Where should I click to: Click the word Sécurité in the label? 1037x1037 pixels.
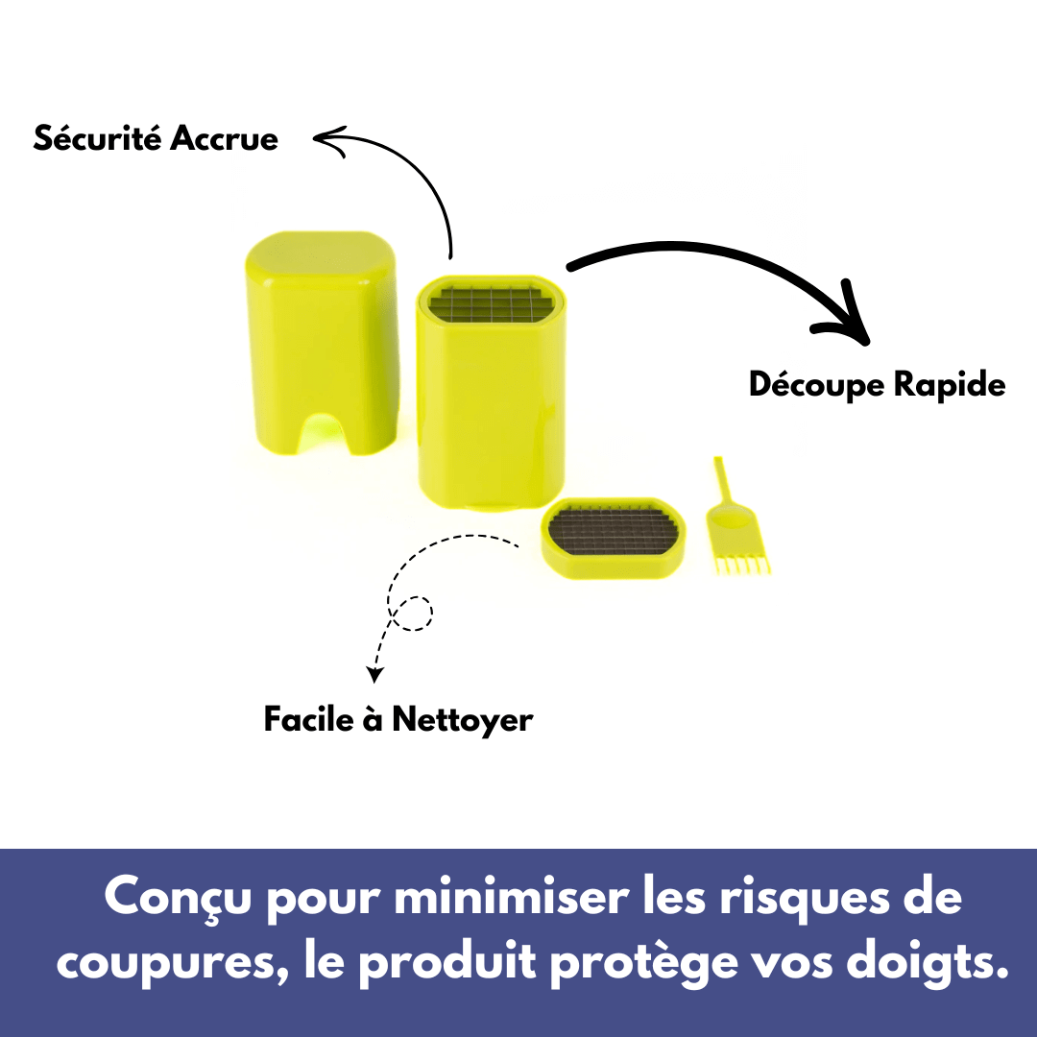click(98, 138)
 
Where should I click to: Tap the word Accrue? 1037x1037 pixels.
click(224, 138)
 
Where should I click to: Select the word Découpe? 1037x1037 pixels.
click(816, 386)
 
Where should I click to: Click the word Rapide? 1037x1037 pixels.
click(949, 385)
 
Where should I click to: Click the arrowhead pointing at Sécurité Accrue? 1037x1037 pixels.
click(325, 141)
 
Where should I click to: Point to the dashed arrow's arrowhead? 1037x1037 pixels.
click(375, 671)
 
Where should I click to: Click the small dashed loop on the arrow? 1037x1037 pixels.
click(416, 613)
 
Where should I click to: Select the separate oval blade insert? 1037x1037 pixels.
click(615, 537)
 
